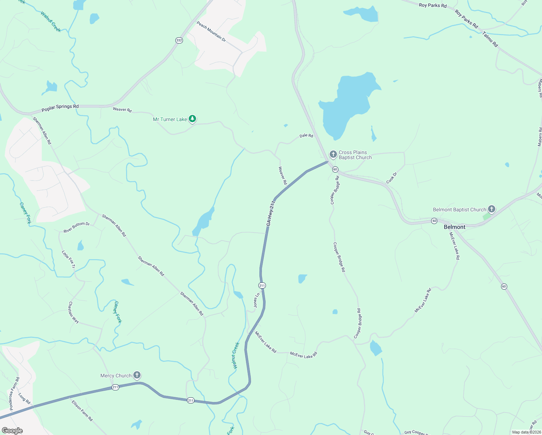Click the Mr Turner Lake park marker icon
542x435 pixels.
(192, 119)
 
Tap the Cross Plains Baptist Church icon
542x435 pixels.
(333, 155)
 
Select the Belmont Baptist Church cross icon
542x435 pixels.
(491, 209)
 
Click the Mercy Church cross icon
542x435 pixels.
(137, 375)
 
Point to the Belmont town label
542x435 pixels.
(454, 227)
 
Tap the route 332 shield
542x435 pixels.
(179, 40)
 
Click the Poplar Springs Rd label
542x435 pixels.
(60, 108)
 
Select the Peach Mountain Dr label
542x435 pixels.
(211, 32)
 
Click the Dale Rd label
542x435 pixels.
(306, 136)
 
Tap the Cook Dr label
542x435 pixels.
(392, 178)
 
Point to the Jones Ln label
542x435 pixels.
(257, 301)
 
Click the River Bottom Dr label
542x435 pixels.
(76, 227)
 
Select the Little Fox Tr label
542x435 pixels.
(68, 260)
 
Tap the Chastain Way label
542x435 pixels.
(74, 312)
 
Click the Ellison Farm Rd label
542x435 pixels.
(82, 411)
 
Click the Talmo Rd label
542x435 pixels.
(490, 39)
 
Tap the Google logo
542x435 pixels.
(12, 431)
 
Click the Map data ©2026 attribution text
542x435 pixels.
(526, 432)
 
